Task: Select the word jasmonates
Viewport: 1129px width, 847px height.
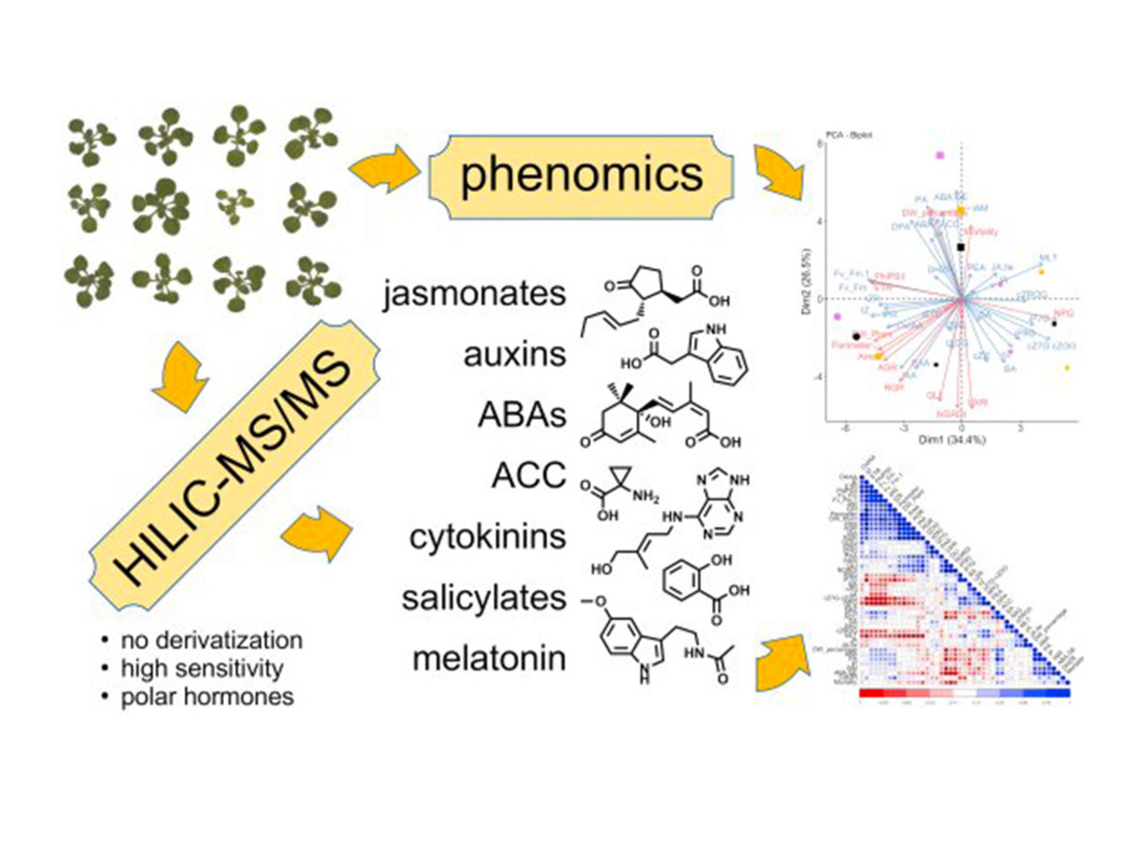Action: pyautogui.click(x=474, y=293)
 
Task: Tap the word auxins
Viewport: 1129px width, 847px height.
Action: pyautogui.click(x=514, y=354)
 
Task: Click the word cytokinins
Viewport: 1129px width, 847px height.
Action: pyautogui.click(x=487, y=536)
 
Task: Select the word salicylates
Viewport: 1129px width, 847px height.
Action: pyautogui.click(x=483, y=597)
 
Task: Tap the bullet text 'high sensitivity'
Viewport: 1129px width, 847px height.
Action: pyautogui.click(x=202, y=669)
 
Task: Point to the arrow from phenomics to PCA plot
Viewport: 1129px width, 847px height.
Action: pyautogui.click(x=777, y=170)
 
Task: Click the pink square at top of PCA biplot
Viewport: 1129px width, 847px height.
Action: pyautogui.click(x=940, y=155)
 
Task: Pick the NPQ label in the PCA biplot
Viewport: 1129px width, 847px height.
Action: pyautogui.click(x=1063, y=313)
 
